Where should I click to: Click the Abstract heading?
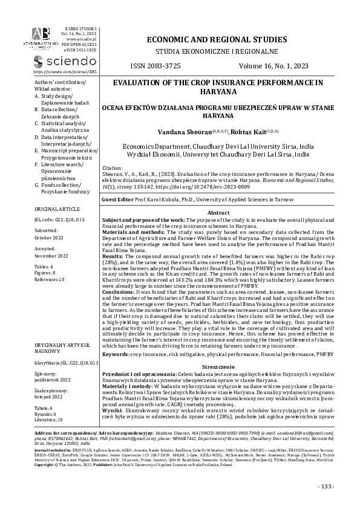[x=218, y=213]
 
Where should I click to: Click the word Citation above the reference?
[x=114, y=167]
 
